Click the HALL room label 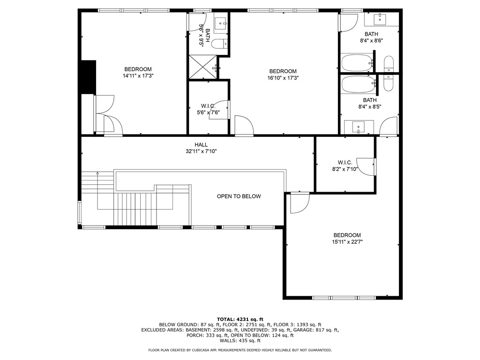point(201,145)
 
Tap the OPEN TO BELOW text point(239,196)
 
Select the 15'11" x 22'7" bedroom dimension point(347,242)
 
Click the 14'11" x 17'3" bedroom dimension point(138,75)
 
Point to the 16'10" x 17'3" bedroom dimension point(283,78)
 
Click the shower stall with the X point(203,67)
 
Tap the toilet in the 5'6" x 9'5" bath point(218,44)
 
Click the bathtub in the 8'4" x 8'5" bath point(358,85)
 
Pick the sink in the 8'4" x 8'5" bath point(359,127)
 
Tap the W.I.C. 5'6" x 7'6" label point(208,109)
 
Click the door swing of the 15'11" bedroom point(299,203)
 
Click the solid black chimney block point(88,77)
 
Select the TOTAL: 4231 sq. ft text point(240,319)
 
